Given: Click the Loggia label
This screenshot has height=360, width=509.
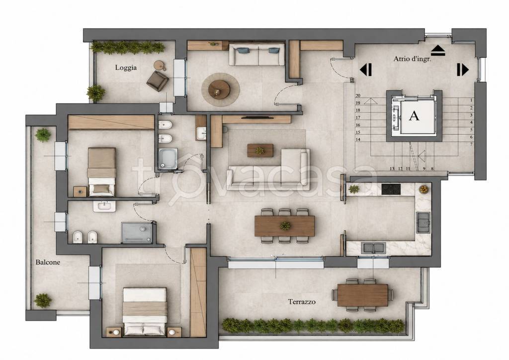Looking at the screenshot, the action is coord(126,68).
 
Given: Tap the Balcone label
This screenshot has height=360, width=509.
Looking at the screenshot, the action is coord(48,262).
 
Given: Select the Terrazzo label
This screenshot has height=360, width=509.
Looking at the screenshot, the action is coord(302,302).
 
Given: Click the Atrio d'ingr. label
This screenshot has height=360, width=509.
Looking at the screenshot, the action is coord(412,59).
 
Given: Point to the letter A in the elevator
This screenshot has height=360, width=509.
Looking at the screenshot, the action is coord(414,115).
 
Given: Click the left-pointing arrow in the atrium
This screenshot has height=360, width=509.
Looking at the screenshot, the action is coord(365,70).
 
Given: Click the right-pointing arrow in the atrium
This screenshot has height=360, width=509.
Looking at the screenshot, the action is coord(463,70).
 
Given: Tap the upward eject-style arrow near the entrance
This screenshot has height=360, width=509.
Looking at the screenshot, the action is coord(438,50).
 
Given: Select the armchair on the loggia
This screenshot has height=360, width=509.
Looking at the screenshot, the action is coord(158,81).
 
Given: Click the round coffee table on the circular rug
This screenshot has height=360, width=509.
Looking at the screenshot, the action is coord(219,89).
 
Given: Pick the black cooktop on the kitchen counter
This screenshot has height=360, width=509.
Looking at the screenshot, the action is coord(391,189).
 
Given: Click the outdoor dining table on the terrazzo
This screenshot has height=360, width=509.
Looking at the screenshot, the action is coord(362,295).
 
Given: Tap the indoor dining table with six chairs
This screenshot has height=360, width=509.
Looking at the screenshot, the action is coord(284,226).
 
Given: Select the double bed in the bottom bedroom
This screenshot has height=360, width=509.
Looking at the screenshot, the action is coord(145,311).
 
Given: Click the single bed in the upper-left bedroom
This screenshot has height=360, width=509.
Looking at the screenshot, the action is coord(102,172).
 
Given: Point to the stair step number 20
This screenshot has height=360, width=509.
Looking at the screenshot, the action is coord(358,96).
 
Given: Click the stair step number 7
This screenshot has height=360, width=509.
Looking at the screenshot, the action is coord(471,144).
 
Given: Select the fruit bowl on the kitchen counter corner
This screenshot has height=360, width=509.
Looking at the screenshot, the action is coord(424,189).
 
